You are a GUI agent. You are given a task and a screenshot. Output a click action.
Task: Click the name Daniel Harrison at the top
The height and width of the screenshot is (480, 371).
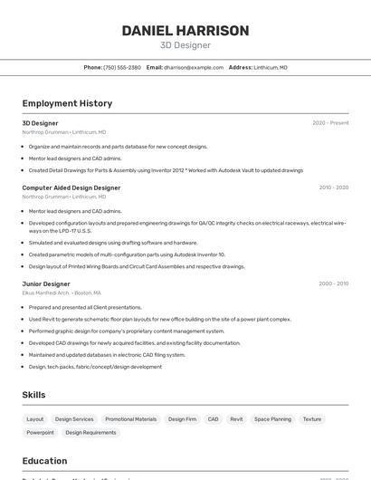point(185,31)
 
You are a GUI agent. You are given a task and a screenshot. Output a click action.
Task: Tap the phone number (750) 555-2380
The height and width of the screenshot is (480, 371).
point(122,67)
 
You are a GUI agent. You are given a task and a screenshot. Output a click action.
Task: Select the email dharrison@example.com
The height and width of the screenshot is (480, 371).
point(194,67)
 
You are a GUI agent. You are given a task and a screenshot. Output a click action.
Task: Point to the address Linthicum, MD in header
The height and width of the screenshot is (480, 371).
point(271,67)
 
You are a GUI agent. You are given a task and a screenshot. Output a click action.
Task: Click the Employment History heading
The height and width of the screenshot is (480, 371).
point(67,103)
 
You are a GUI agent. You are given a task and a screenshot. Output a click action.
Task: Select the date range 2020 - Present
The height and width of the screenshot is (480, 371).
point(330,123)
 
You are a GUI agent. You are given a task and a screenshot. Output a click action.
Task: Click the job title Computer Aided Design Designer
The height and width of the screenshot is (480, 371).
point(71,187)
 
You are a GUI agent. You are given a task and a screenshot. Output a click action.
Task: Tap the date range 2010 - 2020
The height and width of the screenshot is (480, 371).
point(333,187)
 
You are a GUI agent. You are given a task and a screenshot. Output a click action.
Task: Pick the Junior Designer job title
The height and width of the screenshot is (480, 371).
point(46,283)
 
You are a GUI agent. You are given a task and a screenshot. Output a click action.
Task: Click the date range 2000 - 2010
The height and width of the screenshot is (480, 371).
point(333,283)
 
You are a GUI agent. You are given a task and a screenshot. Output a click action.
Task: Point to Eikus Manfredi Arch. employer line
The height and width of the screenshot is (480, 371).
point(62,293)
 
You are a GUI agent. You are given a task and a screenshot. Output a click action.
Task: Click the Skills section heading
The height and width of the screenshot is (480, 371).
point(33,395)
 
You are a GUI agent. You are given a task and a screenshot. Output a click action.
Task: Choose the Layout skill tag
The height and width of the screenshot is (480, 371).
point(34,419)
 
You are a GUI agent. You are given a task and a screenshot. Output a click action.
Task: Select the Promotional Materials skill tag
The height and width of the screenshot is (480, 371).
point(131,419)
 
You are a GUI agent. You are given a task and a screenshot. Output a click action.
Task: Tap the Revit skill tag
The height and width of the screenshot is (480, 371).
point(236,419)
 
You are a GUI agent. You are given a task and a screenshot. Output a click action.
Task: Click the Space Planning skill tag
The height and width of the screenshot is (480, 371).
point(272,419)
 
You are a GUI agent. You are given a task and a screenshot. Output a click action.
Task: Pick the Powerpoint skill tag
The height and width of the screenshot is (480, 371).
point(40,433)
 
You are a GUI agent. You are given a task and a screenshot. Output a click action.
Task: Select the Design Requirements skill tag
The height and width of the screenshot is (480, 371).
point(90,433)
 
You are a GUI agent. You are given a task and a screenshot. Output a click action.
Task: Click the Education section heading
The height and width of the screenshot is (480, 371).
point(44,461)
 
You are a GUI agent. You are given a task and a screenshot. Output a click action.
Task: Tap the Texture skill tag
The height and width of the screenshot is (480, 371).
point(312,419)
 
